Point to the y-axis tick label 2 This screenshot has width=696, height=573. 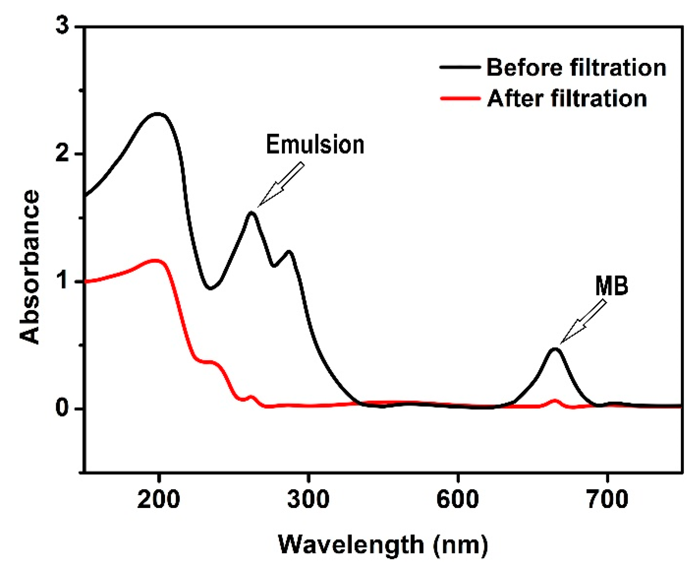coord(63,153)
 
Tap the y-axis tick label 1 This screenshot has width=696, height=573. coord(63,281)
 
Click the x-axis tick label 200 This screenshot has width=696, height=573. coord(158,500)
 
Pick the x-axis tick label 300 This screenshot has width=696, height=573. coord(308,500)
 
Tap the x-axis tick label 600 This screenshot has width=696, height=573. coord(457,500)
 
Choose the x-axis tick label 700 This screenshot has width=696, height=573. coord(607,500)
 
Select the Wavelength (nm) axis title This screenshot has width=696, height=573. coord(383,545)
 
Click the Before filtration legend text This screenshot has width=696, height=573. coord(576,68)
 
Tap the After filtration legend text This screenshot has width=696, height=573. coord(567,99)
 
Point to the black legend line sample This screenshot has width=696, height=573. coord(460,67)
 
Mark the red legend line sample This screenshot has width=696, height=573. coord(460,98)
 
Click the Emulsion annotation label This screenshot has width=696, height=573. coord(315,144)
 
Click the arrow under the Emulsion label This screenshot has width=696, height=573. coord(281,185)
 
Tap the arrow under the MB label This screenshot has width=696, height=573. coord(583,322)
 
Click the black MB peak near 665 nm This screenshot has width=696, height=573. coord(555,349)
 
